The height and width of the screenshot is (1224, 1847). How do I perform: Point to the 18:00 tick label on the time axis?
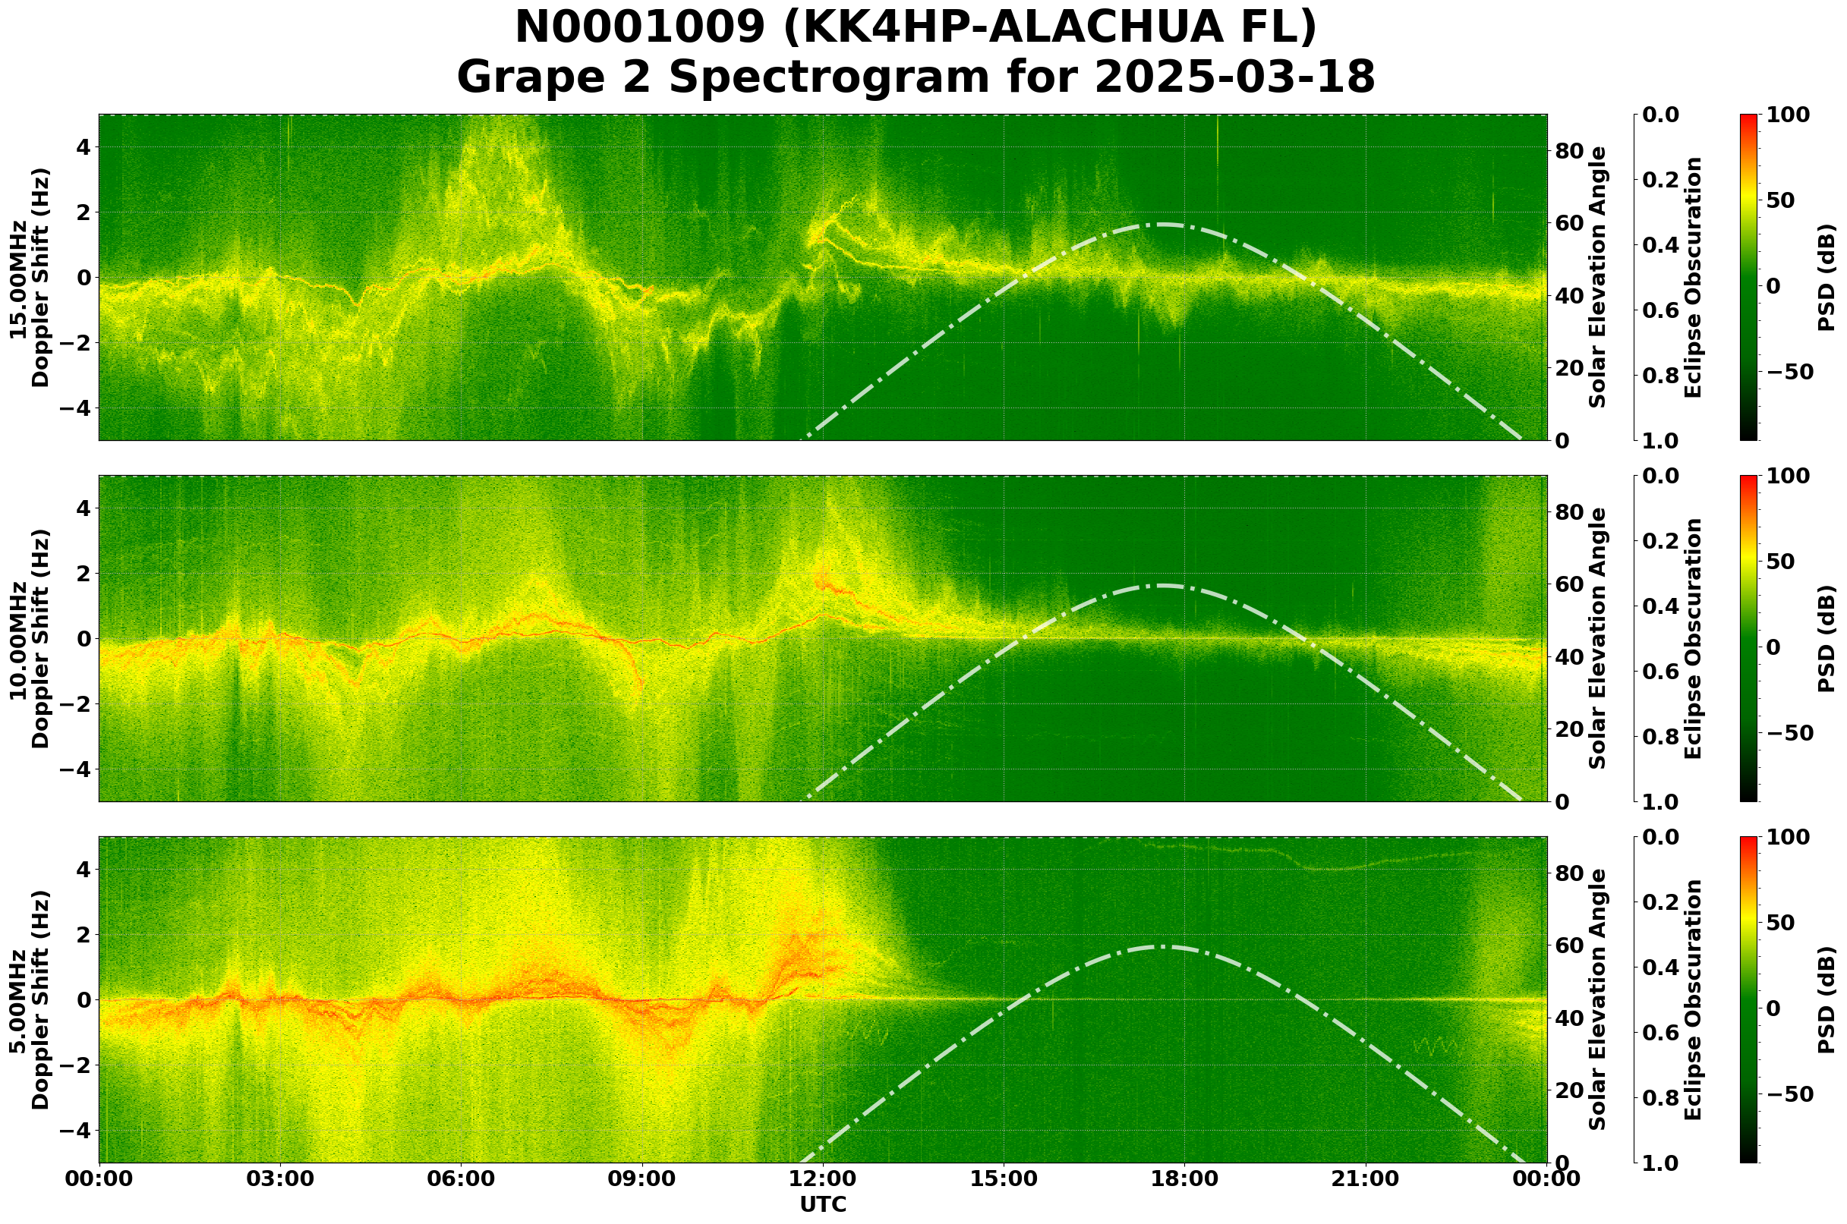click(x=1184, y=1179)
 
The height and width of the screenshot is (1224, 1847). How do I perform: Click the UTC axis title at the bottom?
click(x=822, y=1204)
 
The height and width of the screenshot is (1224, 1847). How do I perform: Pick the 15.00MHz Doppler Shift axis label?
click(x=30, y=278)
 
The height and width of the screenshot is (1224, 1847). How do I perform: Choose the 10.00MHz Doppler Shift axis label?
click(x=30, y=638)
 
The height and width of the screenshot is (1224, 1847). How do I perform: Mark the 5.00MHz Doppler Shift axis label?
click(x=30, y=1000)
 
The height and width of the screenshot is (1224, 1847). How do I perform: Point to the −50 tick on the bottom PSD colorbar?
click(x=1789, y=1094)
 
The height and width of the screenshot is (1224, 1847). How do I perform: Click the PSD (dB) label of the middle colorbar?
click(x=1826, y=638)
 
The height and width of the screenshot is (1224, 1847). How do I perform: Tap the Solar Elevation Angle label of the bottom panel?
click(x=1598, y=1000)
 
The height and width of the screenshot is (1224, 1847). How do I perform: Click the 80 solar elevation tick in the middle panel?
click(x=1569, y=513)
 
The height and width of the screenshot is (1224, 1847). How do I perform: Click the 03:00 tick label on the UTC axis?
click(x=279, y=1179)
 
